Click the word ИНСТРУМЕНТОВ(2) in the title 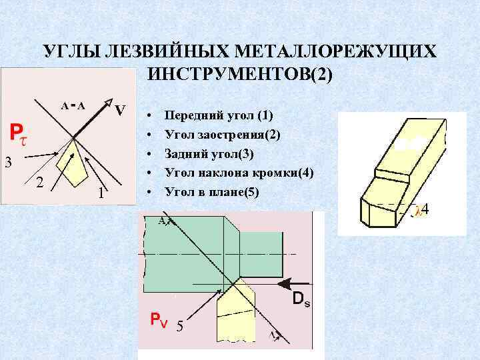(x=239, y=74)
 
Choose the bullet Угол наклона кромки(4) (x=239, y=173)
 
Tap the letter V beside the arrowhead (x=120, y=109)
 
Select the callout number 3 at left (x=8, y=161)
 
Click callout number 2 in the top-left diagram (x=39, y=183)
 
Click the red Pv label (x=159, y=320)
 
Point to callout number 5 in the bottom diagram (x=179, y=326)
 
